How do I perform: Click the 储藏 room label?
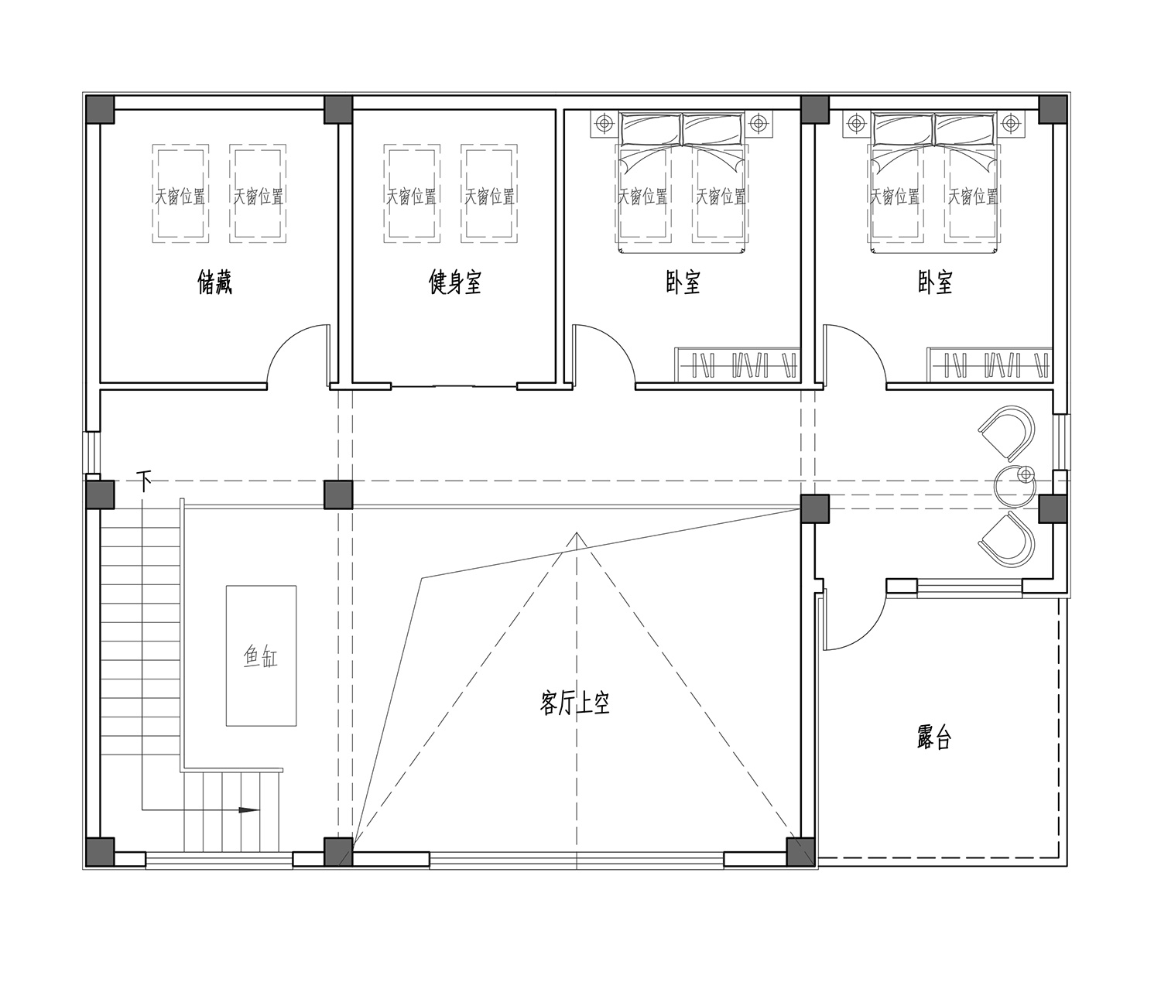214,282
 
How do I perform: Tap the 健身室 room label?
455,282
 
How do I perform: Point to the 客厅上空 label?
574,703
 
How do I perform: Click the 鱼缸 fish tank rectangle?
261,656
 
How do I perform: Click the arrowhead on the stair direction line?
248,809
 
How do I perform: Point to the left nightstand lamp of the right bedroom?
856,123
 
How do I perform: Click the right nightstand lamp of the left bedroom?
759,123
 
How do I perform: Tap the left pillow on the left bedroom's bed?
650,130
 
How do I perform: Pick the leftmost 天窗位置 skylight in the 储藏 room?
180,193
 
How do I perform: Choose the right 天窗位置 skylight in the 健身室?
489,193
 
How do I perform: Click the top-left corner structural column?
100,110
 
